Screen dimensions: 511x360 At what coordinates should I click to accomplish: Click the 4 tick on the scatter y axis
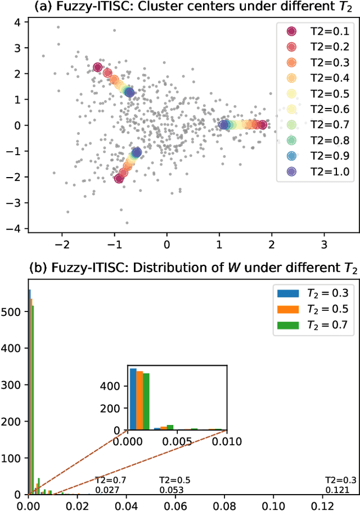click(17, 22)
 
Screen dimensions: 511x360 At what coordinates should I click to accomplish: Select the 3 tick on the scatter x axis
click(324, 245)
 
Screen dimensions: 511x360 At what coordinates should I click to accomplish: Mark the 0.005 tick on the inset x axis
click(177, 441)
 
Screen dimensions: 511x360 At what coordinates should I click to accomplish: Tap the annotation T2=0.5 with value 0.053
click(174, 485)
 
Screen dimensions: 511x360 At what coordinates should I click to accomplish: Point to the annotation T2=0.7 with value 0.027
click(110, 485)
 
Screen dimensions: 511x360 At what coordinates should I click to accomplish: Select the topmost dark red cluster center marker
click(98, 67)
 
